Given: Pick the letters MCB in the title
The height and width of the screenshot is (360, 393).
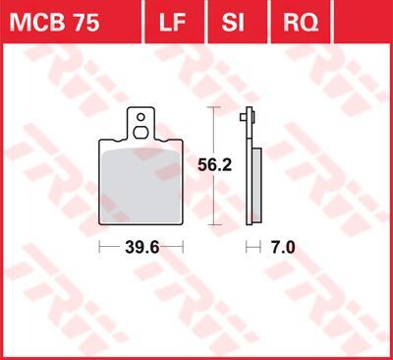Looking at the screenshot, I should click(x=39, y=20).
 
